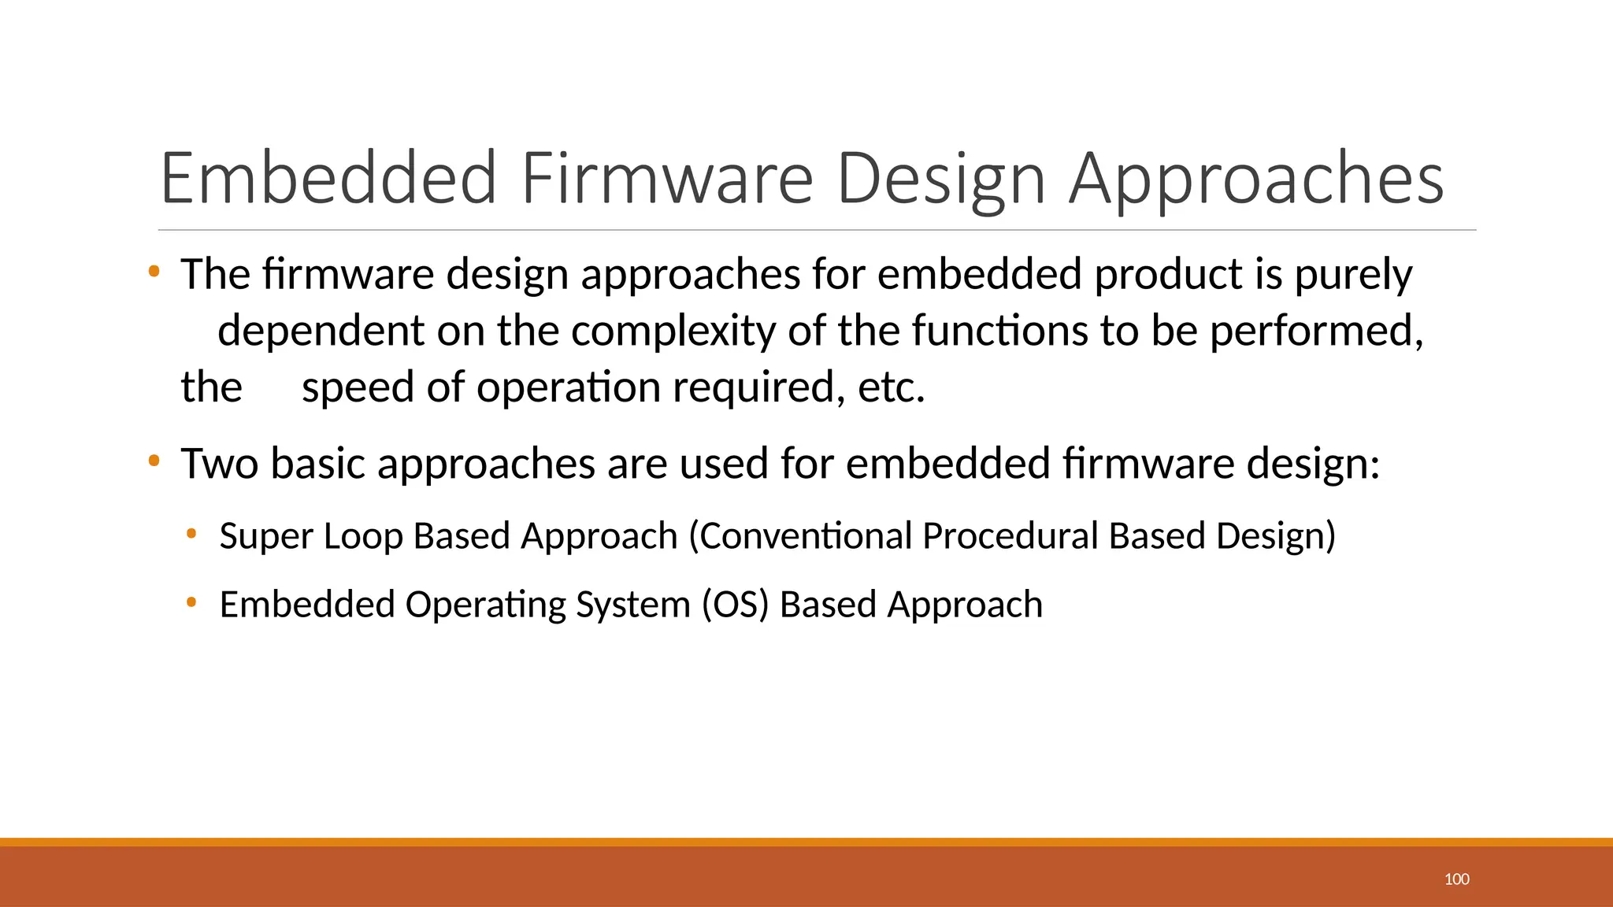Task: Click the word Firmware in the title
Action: pyautogui.click(x=666, y=179)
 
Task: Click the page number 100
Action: pyautogui.click(x=1456, y=879)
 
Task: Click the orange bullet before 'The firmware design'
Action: pyautogui.click(x=154, y=272)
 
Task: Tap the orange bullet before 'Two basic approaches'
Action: pyautogui.click(x=154, y=460)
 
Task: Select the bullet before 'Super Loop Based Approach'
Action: pyautogui.click(x=191, y=535)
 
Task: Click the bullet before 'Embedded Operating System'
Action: pyautogui.click(x=191, y=603)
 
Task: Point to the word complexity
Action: pyautogui.click(x=674, y=331)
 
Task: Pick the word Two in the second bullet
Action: pyautogui.click(x=220, y=463)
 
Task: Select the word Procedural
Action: pyautogui.click(x=1010, y=536)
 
